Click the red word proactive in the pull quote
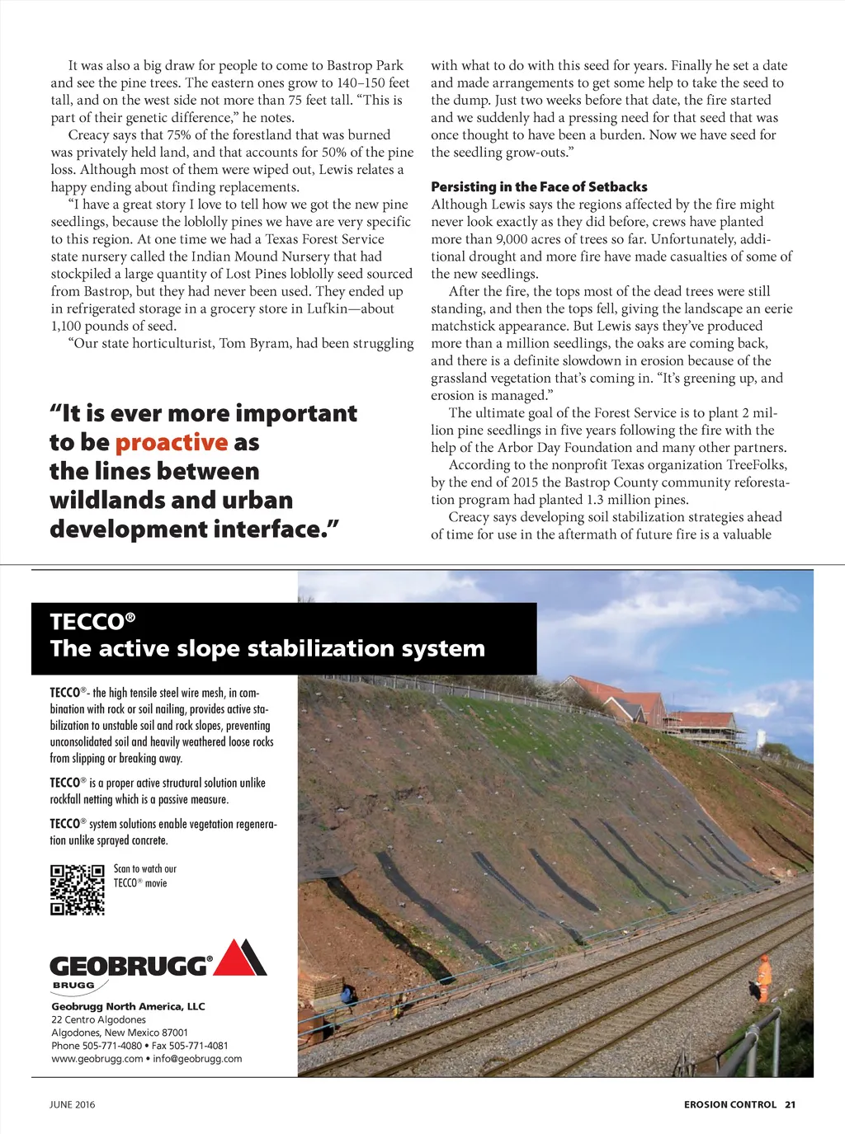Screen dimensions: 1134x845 pos(171,443)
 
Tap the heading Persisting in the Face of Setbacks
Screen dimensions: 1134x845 pos(539,187)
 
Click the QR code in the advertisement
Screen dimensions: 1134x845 pos(78,889)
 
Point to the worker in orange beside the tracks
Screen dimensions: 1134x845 pos(764,979)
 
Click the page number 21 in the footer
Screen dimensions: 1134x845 pos(790,1104)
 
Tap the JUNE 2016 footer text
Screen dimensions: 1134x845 pos(73,1104)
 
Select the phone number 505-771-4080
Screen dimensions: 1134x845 pos(111,1046)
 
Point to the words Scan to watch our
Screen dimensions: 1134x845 pos(145,868)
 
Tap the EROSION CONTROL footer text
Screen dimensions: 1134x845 pos(729,1104)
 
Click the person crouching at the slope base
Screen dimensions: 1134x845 pos(349,995)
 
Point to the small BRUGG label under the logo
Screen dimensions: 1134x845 pos(73,985)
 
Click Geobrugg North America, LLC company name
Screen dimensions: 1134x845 pos(128,1006)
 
